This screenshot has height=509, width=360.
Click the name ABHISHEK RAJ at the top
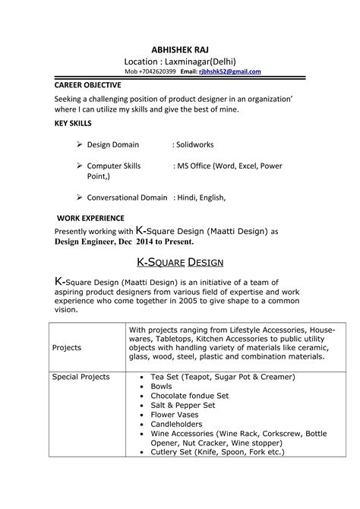[x=180, y=49]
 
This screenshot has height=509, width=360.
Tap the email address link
[x=229, y=71]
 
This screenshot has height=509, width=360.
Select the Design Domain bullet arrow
[x=81, y=144]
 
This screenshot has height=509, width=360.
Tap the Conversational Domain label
[x=128, y=197]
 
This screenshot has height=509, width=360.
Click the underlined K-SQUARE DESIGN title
[x=179, y=262]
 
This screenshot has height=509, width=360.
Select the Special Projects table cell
[x=81, y=377]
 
